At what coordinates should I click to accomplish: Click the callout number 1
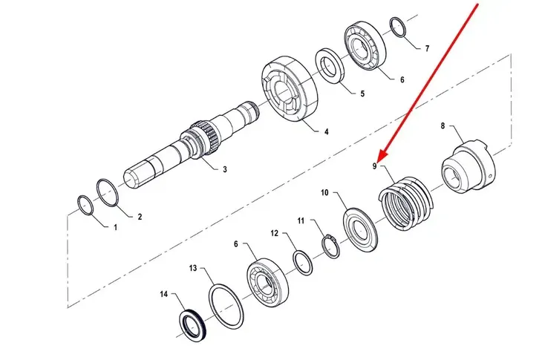tap(115, 227)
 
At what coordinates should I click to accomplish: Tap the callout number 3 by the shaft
tap(225, 169)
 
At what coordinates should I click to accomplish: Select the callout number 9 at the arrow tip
tap(374, 166)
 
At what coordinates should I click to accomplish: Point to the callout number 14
tap(164, 294)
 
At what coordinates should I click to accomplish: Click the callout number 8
tap(443, 125)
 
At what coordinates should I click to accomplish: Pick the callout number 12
tap(274, 234)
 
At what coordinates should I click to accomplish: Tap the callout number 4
tap(326, 131)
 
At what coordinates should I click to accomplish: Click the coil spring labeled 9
tap(405, 204)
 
